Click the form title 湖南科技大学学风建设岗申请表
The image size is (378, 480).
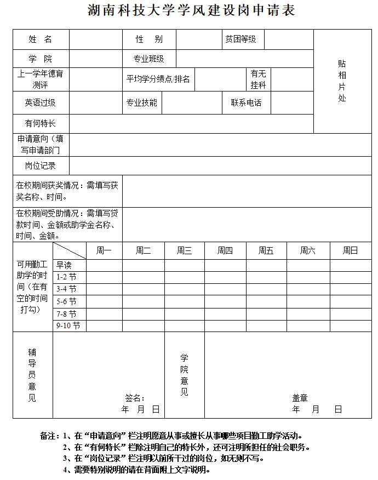(x=191, y=10)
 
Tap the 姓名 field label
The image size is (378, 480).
(x=41, y=39)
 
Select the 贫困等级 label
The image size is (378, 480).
(x=240, y=39)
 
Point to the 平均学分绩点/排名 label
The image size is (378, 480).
(x=158, y=79)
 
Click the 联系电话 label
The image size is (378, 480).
(x=246, y=102)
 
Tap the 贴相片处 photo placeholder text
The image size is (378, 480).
(x=342, y=81)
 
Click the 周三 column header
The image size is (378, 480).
(x=185, y=251)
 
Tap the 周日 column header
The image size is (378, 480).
(x=350, y=251)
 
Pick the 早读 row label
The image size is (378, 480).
(x=64, y=265)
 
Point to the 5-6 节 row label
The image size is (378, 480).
(x=66, y=301)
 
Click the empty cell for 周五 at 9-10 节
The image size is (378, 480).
(x=266, y=325)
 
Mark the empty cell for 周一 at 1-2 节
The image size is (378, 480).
(x=104, y=277)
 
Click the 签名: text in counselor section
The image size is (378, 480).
(x=135, y=398)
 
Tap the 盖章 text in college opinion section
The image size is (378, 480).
(x=300, y=398)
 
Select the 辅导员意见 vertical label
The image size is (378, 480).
(x=32, y=375)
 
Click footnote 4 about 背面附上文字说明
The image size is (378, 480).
(x=137, y=470)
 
